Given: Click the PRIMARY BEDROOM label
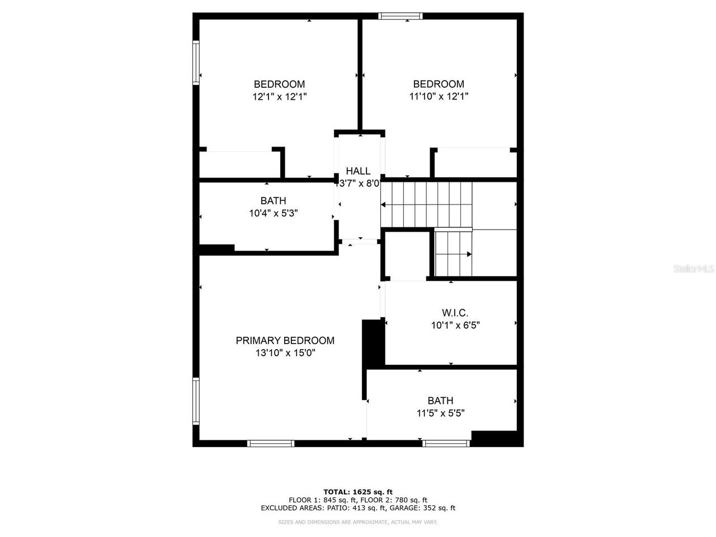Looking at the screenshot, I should point(285,341).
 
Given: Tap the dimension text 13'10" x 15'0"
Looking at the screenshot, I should point(285,353).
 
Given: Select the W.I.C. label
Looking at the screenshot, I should point(455,313).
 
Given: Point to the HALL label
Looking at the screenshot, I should point(358,171).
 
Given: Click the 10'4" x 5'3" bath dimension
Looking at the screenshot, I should point(273,213).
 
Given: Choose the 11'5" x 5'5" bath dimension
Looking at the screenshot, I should point(441,413).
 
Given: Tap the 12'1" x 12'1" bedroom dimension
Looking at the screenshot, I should point(279,96).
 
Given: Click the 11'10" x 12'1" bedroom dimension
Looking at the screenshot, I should point(439,96).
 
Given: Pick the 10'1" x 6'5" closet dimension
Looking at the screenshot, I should point(455,324).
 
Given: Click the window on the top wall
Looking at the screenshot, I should point(401,16).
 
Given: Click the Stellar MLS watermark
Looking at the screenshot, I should point(694,269).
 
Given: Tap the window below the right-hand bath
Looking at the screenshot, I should point(446,444).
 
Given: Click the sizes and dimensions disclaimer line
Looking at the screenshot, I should point(358,522).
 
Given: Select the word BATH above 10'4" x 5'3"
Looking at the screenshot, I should point(273,201).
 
